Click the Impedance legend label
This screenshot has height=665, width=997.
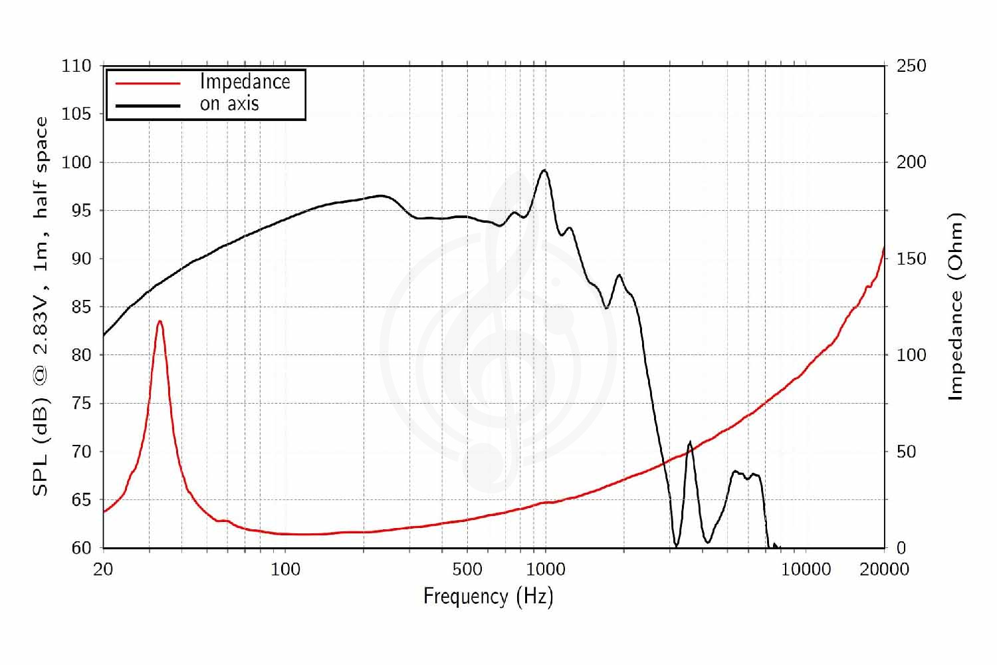pyautogui.click(x=245, y=82)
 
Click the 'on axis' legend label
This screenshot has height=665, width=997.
pyautogui.click(x=229, y=104)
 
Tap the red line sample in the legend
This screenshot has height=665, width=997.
pyautogui.click(x=148, y=83)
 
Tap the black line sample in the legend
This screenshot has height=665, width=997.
pyautogui.click(x=148, y=106)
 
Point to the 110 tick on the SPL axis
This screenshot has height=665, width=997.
pyautogui.click(x=76, y=66)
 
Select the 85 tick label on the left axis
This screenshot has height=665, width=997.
pyautogui.click(x=81, y=307)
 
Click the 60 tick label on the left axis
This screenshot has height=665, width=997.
pyautogui.click(x=81, y=548)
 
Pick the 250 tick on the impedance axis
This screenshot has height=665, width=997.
pyautogui.click(x=911, y=66)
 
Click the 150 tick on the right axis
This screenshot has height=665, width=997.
pyautogui.click(x=911, y=259)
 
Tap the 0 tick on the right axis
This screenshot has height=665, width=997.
pyautogui.click(x=901, y=548)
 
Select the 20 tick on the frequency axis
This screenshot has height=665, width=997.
pyautogui.click(x=103, y=570)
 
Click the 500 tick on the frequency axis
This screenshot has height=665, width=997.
pyautogui.click(x=467, y=570)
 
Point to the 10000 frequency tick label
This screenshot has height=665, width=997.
pyautogui.click(x=806, y=570)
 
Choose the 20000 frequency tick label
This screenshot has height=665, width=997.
pyautogui.click(x=885, y=570)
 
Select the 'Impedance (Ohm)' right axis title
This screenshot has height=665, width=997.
pyautogui.click(x=955, y=307)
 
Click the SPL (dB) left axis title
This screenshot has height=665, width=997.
pyautogui.click(x=41, y=307)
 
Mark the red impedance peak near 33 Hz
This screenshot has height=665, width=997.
pyautogui.click(x=160, y=321)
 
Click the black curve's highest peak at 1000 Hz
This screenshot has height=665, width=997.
pyautogui.click(x=544, y=170)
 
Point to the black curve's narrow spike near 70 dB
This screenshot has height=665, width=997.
pyautogui.click(x=690, y=442)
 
